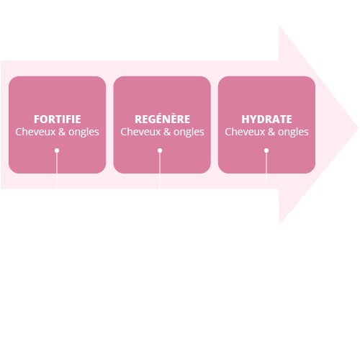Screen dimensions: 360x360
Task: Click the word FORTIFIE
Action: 58,120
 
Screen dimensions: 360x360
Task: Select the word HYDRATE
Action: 266,120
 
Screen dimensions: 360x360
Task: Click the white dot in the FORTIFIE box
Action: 57,150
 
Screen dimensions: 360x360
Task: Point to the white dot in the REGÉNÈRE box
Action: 160,150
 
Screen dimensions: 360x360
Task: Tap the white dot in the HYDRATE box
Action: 266,150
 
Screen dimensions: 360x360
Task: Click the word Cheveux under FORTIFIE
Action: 35,132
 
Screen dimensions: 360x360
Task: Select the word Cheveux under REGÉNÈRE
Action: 140,132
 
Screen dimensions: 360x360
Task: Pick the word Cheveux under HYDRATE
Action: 245,132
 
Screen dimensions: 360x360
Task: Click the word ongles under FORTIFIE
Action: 84,132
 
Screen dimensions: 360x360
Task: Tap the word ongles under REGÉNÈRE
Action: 189,132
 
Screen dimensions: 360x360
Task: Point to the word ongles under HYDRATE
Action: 293,132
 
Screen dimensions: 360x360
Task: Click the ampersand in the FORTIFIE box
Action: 62,132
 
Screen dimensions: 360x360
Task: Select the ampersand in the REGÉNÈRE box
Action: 167,132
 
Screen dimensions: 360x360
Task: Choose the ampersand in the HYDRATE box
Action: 271,132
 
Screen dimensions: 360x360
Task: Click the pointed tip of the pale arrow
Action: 358,129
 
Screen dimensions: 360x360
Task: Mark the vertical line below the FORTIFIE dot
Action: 57,171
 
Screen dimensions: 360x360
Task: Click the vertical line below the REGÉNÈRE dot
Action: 160,171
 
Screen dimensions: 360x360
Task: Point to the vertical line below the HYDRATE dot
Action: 266,171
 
